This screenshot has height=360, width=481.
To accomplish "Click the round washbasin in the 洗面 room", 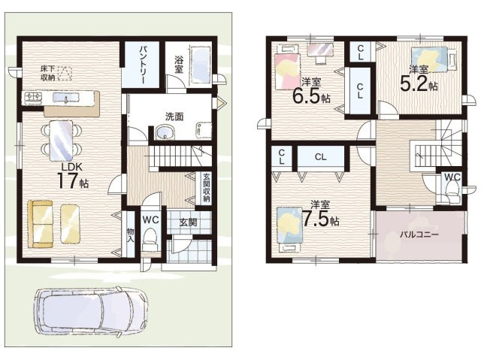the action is point(165,132).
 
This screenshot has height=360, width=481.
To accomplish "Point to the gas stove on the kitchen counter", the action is point(33,97).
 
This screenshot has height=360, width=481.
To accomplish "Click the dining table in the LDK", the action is point(61,141).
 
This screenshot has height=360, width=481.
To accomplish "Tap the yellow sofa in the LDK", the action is point(40,223).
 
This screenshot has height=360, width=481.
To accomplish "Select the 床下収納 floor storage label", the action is point(48,74).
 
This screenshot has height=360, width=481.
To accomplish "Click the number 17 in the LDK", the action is point(67,181).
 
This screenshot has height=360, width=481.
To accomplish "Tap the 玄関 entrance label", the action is point(188,222).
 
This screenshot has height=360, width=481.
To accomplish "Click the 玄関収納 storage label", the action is point(206,187).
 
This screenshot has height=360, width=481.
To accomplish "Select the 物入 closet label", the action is point(130,235).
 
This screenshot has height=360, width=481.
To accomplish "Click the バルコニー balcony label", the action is point(419,235).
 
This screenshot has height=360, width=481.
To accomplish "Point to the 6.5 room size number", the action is point(306,95).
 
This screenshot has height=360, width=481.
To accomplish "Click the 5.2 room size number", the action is point(414,83).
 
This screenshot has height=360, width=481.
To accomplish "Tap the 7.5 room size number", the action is point(316,218).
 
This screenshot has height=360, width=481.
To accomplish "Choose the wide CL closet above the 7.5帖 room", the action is point(321,157).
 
